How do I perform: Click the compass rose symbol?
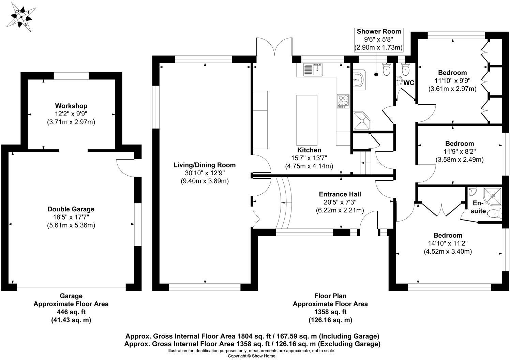[x=21, y=17]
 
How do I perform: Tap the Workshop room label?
[x=71, y=106]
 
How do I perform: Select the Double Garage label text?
[x=71, y=209]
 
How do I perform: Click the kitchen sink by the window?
[x=313, y=70]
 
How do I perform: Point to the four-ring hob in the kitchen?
[x=343, y=101]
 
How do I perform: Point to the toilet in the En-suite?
[x=494, y=214]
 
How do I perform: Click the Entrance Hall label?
[x=340, y=194]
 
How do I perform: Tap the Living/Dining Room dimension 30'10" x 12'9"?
[x=205, y=173]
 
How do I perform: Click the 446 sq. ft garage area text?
[x=71, y=312]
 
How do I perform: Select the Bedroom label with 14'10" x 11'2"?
[x=448, y=236]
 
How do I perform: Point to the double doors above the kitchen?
[x=274, y=48]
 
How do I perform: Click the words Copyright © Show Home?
[x=252, y=356]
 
